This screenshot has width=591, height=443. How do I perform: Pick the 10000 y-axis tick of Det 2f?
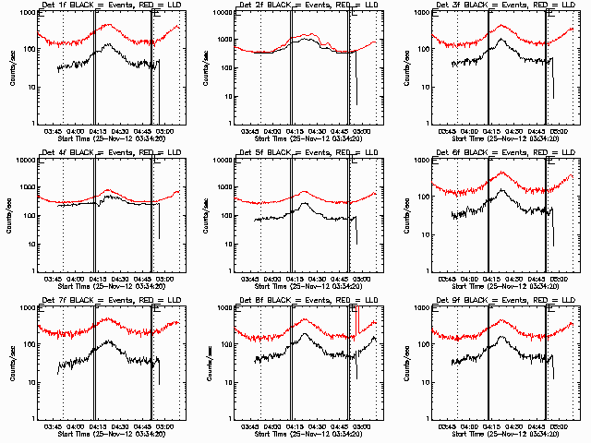coord(218,13)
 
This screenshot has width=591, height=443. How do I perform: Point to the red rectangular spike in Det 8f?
coord(357,318)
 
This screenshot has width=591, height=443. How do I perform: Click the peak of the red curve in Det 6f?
coord(501,173)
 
